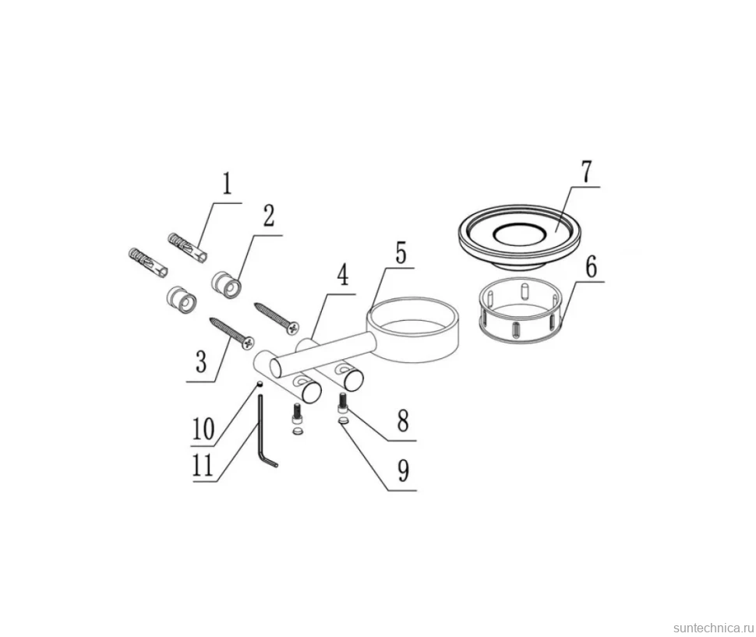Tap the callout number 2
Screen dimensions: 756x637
pyautogui.click(x=268, y=216)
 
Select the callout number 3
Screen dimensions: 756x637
pyautogui.click(x=201, y=361)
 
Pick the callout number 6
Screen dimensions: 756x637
pyautogui.click(x=591, y=266)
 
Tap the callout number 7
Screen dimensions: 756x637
pyautogui.click(x=586, y=171)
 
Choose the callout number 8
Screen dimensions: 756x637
pyautogui.click(x=403, y=421)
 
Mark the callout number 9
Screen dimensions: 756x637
pyautogui.click(x=403, y=471)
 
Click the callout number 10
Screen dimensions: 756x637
pyautogui.click(x=203, y=429)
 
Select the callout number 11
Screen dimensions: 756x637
pyautogui.click(x=203, y=466)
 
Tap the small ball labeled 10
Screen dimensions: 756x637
pyautogui.click(x=260, y=384)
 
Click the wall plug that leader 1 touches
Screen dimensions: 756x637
pyautogui.click(x=189, y=248)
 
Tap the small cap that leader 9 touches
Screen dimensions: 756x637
pyautogui.click(x=344, y=421)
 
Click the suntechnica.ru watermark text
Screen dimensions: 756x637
pyautogui.click(x=713, y=628)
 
